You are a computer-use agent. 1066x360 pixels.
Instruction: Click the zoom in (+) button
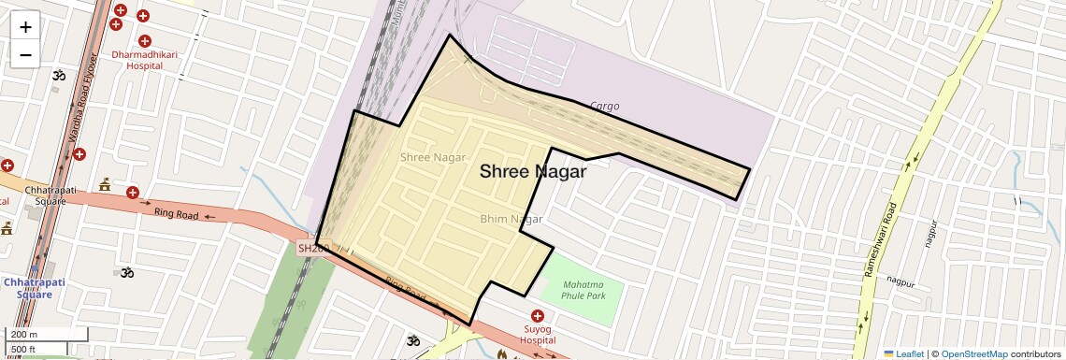click(25, 26)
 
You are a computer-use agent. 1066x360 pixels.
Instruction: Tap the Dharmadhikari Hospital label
click(144, 60)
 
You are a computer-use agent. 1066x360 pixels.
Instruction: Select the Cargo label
click(604, 107)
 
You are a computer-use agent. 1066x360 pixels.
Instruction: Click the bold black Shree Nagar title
click(533, 172)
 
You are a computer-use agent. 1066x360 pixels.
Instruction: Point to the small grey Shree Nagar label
click(433, 157)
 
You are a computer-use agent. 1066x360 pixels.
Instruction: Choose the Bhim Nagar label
click(511, 219)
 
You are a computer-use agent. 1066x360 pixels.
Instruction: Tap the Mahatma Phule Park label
click(583, 290)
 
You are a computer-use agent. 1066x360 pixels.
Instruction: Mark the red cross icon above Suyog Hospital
click(538, 316)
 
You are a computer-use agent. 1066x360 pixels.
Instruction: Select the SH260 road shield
click(310, 249)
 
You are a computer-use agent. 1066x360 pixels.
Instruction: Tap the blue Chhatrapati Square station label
click(29, 287)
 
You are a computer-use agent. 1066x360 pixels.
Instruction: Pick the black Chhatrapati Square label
click(46, 194)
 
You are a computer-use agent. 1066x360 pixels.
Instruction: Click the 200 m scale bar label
click(24, 335)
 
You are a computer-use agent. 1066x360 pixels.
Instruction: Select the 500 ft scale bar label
click(24, 349)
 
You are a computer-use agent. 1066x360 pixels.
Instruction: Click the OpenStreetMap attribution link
click(973, 353)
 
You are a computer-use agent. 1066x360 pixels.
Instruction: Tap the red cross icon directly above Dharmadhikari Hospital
click(144, 40)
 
